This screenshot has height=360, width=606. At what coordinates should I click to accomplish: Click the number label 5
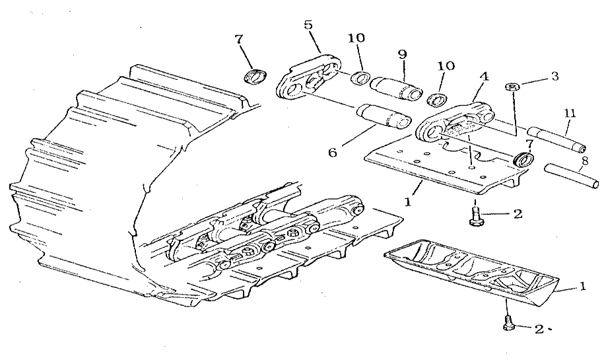(308, 25)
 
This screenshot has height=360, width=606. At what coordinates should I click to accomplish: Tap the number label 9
(402, 54)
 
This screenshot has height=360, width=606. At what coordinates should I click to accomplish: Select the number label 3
(555, 76)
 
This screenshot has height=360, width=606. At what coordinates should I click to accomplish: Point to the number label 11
(570, 114)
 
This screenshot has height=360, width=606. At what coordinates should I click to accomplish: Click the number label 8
(585, 161)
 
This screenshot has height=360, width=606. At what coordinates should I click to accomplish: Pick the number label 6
(333, 153)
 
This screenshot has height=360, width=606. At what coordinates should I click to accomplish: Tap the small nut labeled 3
(512, 87)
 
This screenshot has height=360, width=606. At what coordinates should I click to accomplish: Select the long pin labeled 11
(556, 138)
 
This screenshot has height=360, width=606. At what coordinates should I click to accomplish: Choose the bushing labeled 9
(396, 88)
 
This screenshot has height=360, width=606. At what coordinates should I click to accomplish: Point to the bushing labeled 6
(384, 116)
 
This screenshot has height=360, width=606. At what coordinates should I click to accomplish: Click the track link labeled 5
(309, 77)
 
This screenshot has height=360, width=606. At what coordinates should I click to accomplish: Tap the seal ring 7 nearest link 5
(256, 75)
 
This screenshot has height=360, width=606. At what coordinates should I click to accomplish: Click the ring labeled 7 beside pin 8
(523, 159)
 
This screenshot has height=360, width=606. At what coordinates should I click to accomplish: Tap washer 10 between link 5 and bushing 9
(360, 77)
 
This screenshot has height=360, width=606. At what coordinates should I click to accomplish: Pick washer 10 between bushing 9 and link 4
(437, 99)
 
